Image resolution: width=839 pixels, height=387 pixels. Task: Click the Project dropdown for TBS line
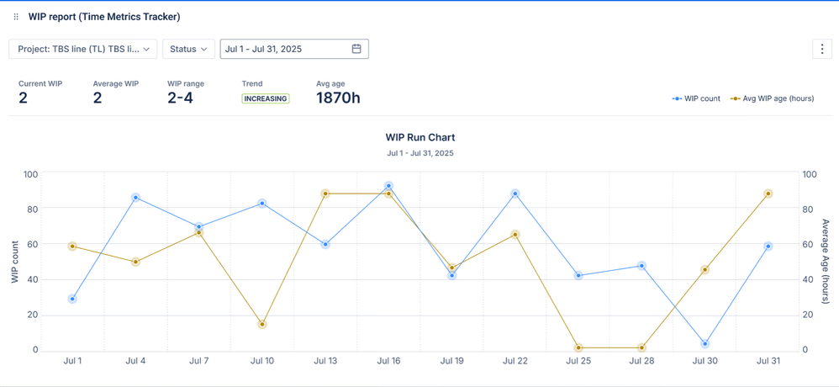(83, 49)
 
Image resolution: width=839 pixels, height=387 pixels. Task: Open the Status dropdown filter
(188, 49)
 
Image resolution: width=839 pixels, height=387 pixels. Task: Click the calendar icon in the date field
(356, 49)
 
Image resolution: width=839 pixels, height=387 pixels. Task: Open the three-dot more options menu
(822, 49)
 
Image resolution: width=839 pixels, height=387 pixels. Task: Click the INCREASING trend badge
(266, 98)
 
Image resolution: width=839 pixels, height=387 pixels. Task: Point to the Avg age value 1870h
(338, 98)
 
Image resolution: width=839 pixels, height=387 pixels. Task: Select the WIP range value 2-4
(180, 98)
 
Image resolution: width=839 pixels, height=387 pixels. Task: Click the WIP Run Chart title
(420, 137)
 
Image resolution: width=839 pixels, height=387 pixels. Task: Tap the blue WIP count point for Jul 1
(72, 299)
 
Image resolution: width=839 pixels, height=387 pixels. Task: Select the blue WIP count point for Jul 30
(704, 344)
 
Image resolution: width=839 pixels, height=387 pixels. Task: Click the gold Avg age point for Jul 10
(262, 324)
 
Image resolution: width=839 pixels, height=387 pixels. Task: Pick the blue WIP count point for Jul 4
(135, 198)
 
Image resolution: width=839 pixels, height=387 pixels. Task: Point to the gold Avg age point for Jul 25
(578, 347)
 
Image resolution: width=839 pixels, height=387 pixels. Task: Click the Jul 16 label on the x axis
(388, 361)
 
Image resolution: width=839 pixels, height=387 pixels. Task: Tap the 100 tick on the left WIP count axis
(30, 174)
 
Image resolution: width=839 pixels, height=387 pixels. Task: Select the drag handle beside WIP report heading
(16, 17)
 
